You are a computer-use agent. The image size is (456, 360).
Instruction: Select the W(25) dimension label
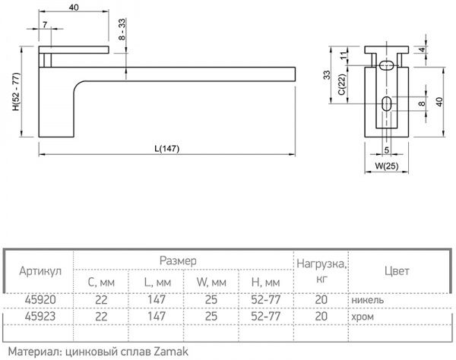tap(387, 166)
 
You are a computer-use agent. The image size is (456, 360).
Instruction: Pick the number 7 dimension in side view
tap(46, 25)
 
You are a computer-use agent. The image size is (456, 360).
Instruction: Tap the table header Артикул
tap(41, 271)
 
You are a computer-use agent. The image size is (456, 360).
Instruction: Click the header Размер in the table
tap(177, 261)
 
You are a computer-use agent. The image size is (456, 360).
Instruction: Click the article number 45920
tap(41, 299)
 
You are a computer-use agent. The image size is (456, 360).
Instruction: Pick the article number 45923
tap(41, 315)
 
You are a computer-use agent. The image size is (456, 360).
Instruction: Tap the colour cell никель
tap(367, 299)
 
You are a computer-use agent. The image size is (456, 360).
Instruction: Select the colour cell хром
tap(362, 315)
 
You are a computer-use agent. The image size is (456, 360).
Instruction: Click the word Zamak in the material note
tap(163, 351)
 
